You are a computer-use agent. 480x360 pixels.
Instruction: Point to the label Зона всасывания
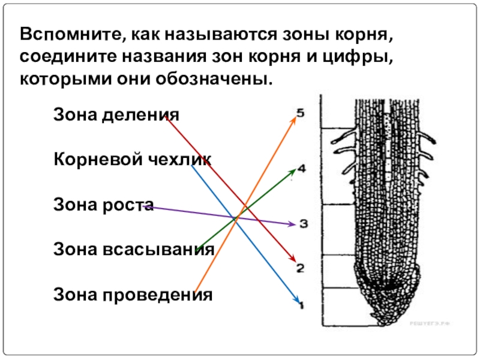(x=134, y=249)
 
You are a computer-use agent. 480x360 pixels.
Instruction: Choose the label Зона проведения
(x=133, y=295)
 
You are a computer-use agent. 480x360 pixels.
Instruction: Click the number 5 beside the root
(x=301, y=112)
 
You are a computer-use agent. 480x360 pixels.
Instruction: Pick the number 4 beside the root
(x=301, y=170)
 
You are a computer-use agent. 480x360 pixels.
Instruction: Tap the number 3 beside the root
(x=303, y=224)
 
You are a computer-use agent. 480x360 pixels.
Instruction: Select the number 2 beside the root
(x=301, y=268)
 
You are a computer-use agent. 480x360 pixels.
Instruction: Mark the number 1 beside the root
(x=302, y=305)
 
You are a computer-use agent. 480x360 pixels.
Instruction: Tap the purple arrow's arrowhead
(x=292, y=225)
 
